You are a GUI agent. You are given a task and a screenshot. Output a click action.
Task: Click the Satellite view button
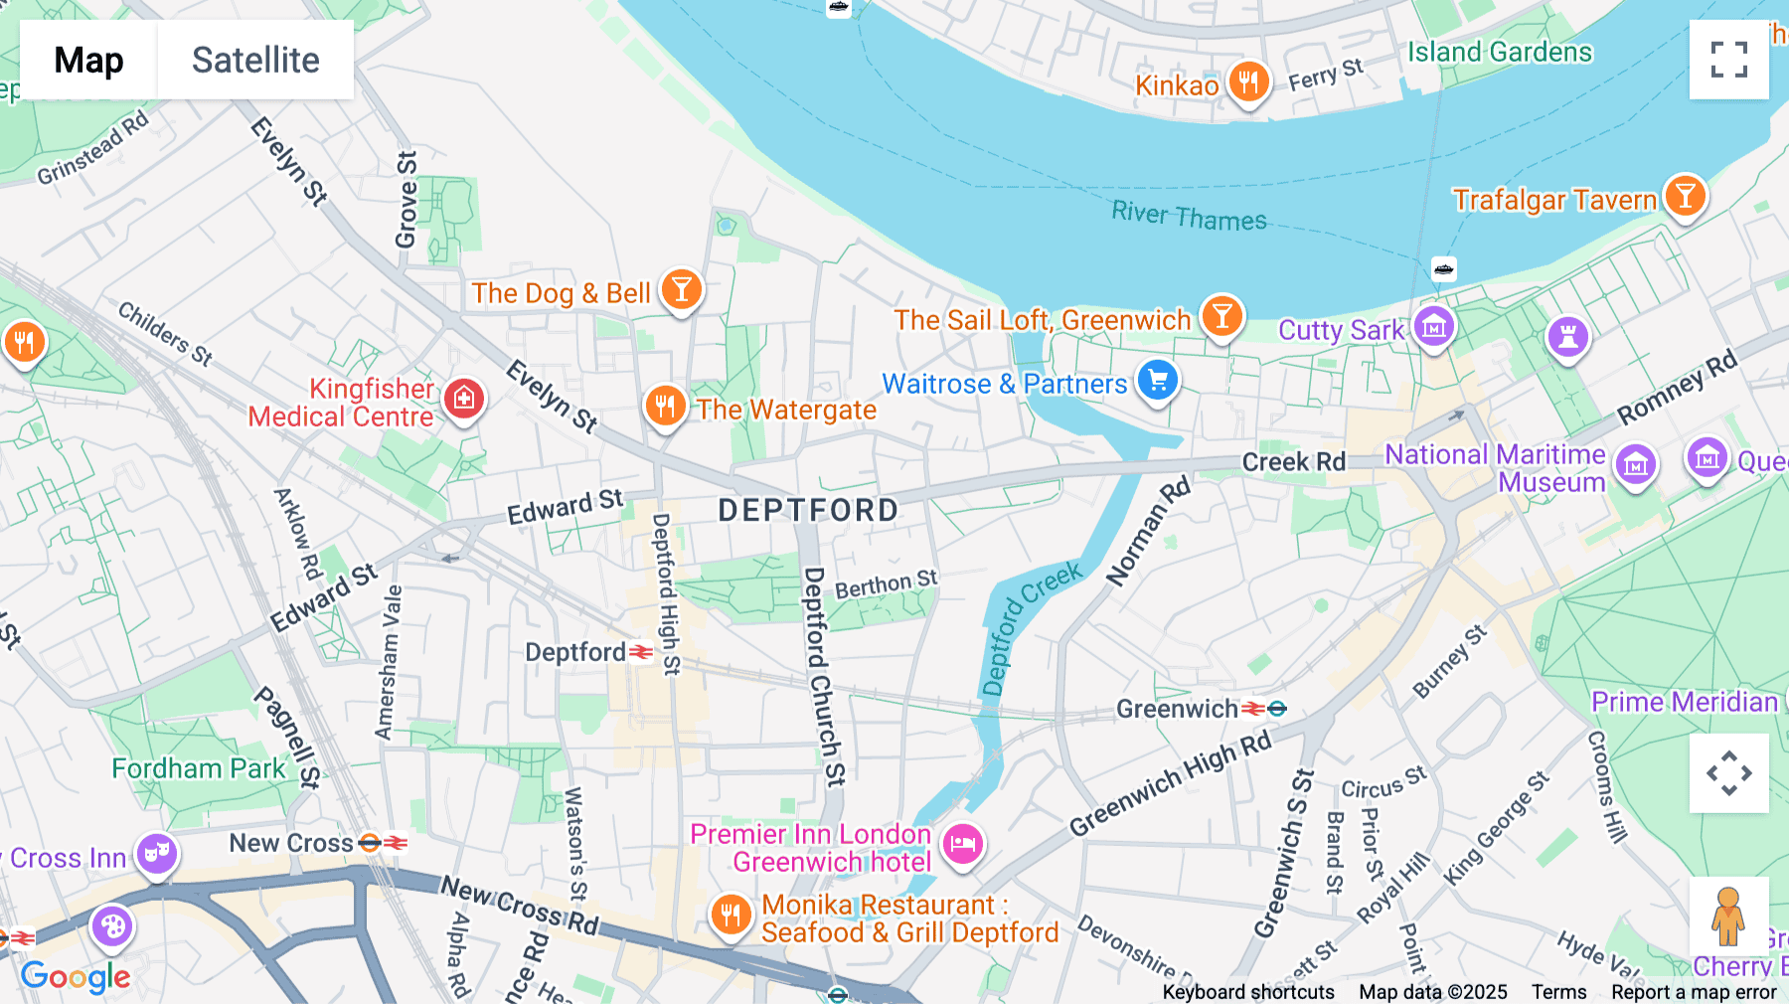[255, 60]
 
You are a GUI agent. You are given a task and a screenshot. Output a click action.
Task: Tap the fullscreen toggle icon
[1728, 60]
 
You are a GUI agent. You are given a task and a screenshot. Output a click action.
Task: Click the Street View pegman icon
[1728, 917]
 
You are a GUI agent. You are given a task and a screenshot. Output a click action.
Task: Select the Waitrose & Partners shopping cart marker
[1158, 381]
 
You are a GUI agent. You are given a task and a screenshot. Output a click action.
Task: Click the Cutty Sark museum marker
[1433, 326]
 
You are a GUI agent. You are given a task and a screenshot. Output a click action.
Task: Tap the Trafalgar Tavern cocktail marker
[1685, 196]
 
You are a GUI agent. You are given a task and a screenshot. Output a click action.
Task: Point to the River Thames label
[1189, 216]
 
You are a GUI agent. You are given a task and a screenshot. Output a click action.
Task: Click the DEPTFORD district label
[808, 511]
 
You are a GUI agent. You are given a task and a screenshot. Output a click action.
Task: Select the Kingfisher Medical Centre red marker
[463, 399]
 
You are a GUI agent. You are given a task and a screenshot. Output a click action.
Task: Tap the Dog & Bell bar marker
[681, 290]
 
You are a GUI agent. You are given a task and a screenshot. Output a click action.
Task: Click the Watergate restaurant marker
[665, 407]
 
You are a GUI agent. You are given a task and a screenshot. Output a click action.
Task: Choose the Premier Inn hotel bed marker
[961, 846]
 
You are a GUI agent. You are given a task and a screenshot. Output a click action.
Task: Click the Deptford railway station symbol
[642, 652]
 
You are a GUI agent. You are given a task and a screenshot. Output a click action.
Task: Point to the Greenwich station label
[1177, 709]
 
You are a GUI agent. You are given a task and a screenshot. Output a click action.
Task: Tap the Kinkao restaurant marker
[1248, 82]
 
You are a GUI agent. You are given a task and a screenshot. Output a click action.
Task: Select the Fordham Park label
[198, 768]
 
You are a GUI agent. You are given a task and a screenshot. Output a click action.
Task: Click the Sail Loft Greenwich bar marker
[1221, 317]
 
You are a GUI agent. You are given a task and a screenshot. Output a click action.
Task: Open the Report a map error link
[1694, 992]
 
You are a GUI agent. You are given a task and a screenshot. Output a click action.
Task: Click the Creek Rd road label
[1293, 462]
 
